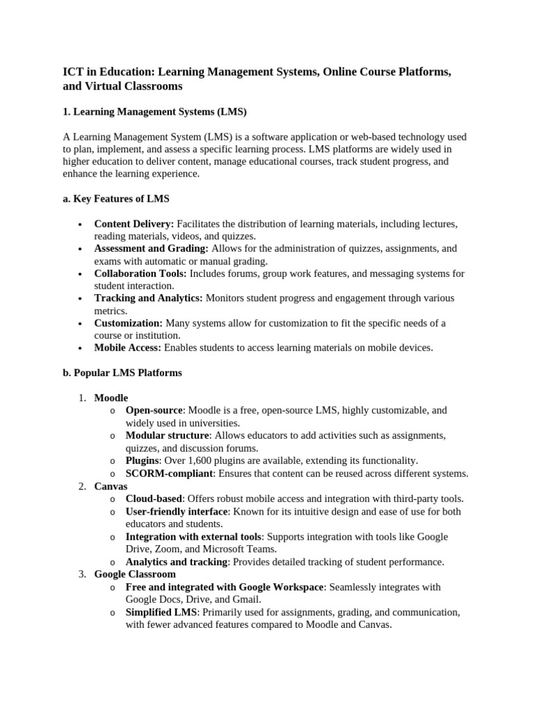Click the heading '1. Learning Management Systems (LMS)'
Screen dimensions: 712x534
point(154,111)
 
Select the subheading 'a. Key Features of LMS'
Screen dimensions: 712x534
point(115,199)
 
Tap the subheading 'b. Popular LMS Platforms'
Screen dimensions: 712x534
point(122,373)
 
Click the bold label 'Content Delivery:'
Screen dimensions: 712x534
point(134,224)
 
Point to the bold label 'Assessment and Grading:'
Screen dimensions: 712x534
point(152,248)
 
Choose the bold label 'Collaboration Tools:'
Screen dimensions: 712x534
point(140,273)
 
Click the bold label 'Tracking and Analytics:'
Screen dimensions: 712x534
point(148,298)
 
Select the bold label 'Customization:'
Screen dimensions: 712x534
point(129,323)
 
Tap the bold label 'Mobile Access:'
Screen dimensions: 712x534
point(128,348)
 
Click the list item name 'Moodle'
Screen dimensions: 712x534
point(111,398)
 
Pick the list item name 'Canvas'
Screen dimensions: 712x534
point(111,487)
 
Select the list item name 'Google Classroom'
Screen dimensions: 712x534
point(135,574)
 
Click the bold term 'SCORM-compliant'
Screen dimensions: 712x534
point(168,474)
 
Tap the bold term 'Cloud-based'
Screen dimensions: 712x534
point(154,499)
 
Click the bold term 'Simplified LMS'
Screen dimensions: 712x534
point(161,612)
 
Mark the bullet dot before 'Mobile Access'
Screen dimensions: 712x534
point(81,348)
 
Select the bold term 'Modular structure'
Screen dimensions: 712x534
point(167,435)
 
